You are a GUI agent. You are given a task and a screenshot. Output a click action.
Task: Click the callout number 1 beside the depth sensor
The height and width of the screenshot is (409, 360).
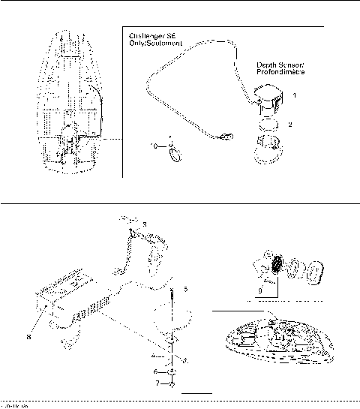[x=295, y=96]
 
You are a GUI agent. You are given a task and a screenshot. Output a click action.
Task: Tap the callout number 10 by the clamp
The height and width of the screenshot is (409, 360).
[x=154, y=147]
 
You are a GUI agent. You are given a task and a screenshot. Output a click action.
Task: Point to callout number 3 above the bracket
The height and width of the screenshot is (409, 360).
[x=145, y=224]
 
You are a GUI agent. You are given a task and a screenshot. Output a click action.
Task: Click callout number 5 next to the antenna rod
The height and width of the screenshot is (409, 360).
[x=186, y=287]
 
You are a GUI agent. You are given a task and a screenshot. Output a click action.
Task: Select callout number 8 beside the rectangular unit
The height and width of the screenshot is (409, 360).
[x=29, y=337]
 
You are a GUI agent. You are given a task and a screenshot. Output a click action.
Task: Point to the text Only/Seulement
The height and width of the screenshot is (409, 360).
[x=154, y=44]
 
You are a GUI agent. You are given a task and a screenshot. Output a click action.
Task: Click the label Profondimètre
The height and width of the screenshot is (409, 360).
[x=279, y=74]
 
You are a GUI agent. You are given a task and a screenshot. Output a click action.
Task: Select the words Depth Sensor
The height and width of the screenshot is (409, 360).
[x=279, y=65]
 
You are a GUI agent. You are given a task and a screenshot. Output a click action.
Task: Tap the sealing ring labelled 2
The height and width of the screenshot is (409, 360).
[x=268, y=122]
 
